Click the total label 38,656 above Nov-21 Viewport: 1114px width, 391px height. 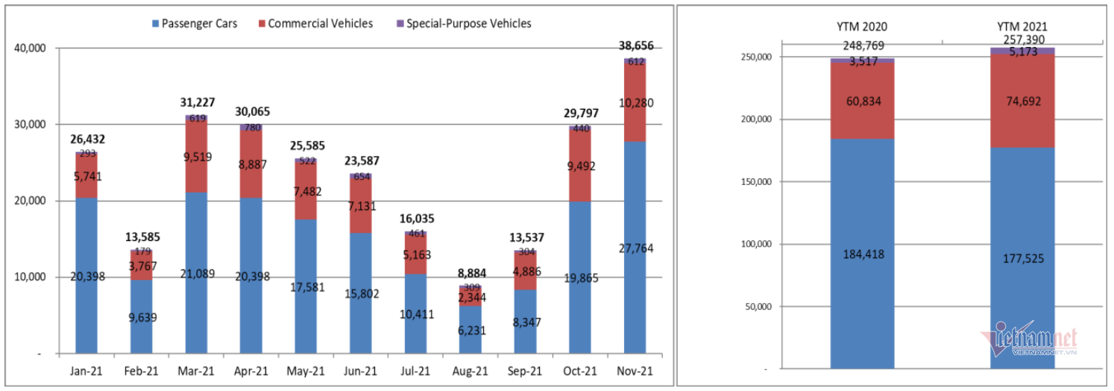click(x=635, y=46)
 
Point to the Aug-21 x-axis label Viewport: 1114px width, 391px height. click(x=471, y=371)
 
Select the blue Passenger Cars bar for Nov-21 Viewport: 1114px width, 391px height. click(x=635, y=246)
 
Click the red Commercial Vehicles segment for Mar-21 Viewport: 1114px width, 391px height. click(x=196, y=157)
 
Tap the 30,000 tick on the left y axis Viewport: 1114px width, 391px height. click(x=31, y=125)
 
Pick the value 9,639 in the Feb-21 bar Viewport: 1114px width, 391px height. click(x=141, y=316)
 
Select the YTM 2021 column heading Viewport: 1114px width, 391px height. click(x=1022, y=28)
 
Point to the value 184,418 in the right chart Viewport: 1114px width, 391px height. click(x=862, y=254)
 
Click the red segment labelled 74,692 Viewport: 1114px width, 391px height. click(x=1022, y=101)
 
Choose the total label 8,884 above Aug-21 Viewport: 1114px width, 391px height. click(x=470, y=273)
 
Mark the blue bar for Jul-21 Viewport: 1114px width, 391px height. click(x=415, y=313)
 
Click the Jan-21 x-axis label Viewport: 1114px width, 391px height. click(x=86, y=371)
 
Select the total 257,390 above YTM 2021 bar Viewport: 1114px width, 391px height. click(x=1022, y=40)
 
